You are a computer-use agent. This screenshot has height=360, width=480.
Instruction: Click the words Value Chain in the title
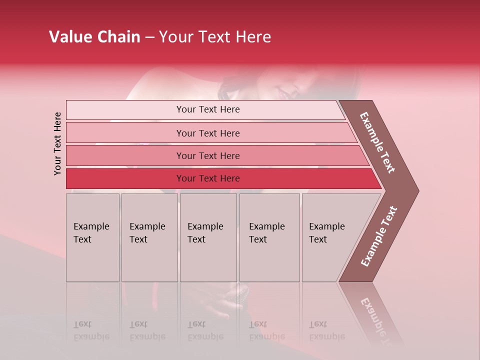94,37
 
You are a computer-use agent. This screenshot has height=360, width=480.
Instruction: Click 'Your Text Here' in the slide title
215,37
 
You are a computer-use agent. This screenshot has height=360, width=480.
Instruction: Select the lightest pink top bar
205,109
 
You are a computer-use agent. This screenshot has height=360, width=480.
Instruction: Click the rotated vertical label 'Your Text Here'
57,144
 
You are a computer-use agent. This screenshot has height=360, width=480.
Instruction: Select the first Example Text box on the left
92,237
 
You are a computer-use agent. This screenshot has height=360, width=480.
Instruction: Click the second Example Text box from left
149,237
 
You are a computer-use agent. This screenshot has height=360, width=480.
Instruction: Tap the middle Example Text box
208,237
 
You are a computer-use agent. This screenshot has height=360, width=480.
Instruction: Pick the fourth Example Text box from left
269,237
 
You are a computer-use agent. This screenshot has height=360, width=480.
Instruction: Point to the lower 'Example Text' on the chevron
378,236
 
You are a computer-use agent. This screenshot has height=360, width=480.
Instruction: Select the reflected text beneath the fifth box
326,330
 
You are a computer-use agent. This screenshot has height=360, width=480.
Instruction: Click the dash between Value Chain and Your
149,37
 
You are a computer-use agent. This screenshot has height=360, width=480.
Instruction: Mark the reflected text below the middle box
205,330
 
